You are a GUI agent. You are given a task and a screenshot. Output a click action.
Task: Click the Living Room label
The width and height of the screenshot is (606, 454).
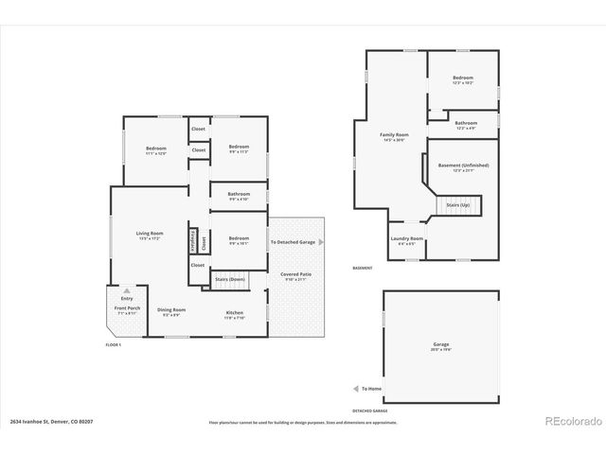click(150, 234)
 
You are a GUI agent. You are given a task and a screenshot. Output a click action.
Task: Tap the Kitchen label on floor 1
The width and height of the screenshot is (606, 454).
click(234, 313)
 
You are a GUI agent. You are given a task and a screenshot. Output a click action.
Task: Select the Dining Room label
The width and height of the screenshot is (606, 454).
click(171, 310)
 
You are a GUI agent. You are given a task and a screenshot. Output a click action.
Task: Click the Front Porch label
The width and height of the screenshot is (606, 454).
click(126, 309)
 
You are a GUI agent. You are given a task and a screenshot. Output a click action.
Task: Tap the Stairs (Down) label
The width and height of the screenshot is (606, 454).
click(230, 280)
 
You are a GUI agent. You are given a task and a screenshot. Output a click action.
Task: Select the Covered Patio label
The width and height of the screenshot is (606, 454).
click(294, 274)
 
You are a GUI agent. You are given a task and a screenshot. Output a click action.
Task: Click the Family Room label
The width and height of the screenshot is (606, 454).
click(394, 135)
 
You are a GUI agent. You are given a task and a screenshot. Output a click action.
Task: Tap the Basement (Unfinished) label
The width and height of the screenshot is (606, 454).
click(463, 166)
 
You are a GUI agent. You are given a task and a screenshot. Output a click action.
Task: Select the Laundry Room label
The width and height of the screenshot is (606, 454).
click(407, 238)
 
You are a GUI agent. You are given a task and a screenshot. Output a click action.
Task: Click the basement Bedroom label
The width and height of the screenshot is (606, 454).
click(462, 78)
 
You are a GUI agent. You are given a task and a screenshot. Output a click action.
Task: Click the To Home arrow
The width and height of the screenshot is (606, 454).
click(355, 388)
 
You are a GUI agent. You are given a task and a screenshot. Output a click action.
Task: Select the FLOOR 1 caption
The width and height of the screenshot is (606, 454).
click(115, 345)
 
